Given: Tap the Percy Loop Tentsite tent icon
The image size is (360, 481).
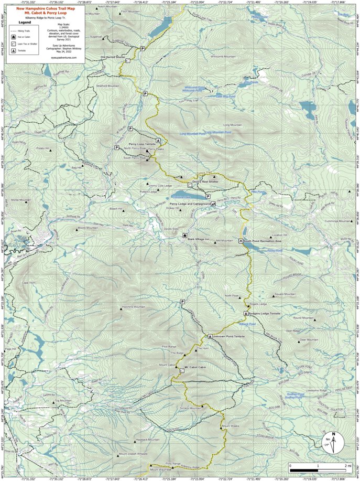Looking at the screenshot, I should [x=158, y=142].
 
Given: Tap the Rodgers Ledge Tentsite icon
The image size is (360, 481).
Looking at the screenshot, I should [x=245, y=313].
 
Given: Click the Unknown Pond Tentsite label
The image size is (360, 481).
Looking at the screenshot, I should [x=230, y=336].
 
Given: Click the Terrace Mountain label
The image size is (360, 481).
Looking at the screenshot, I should [x=190, y=408].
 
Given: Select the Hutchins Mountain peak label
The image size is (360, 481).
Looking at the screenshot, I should [x=133, y=306].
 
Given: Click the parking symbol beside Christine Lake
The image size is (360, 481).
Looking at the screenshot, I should [x=208, y=196].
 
